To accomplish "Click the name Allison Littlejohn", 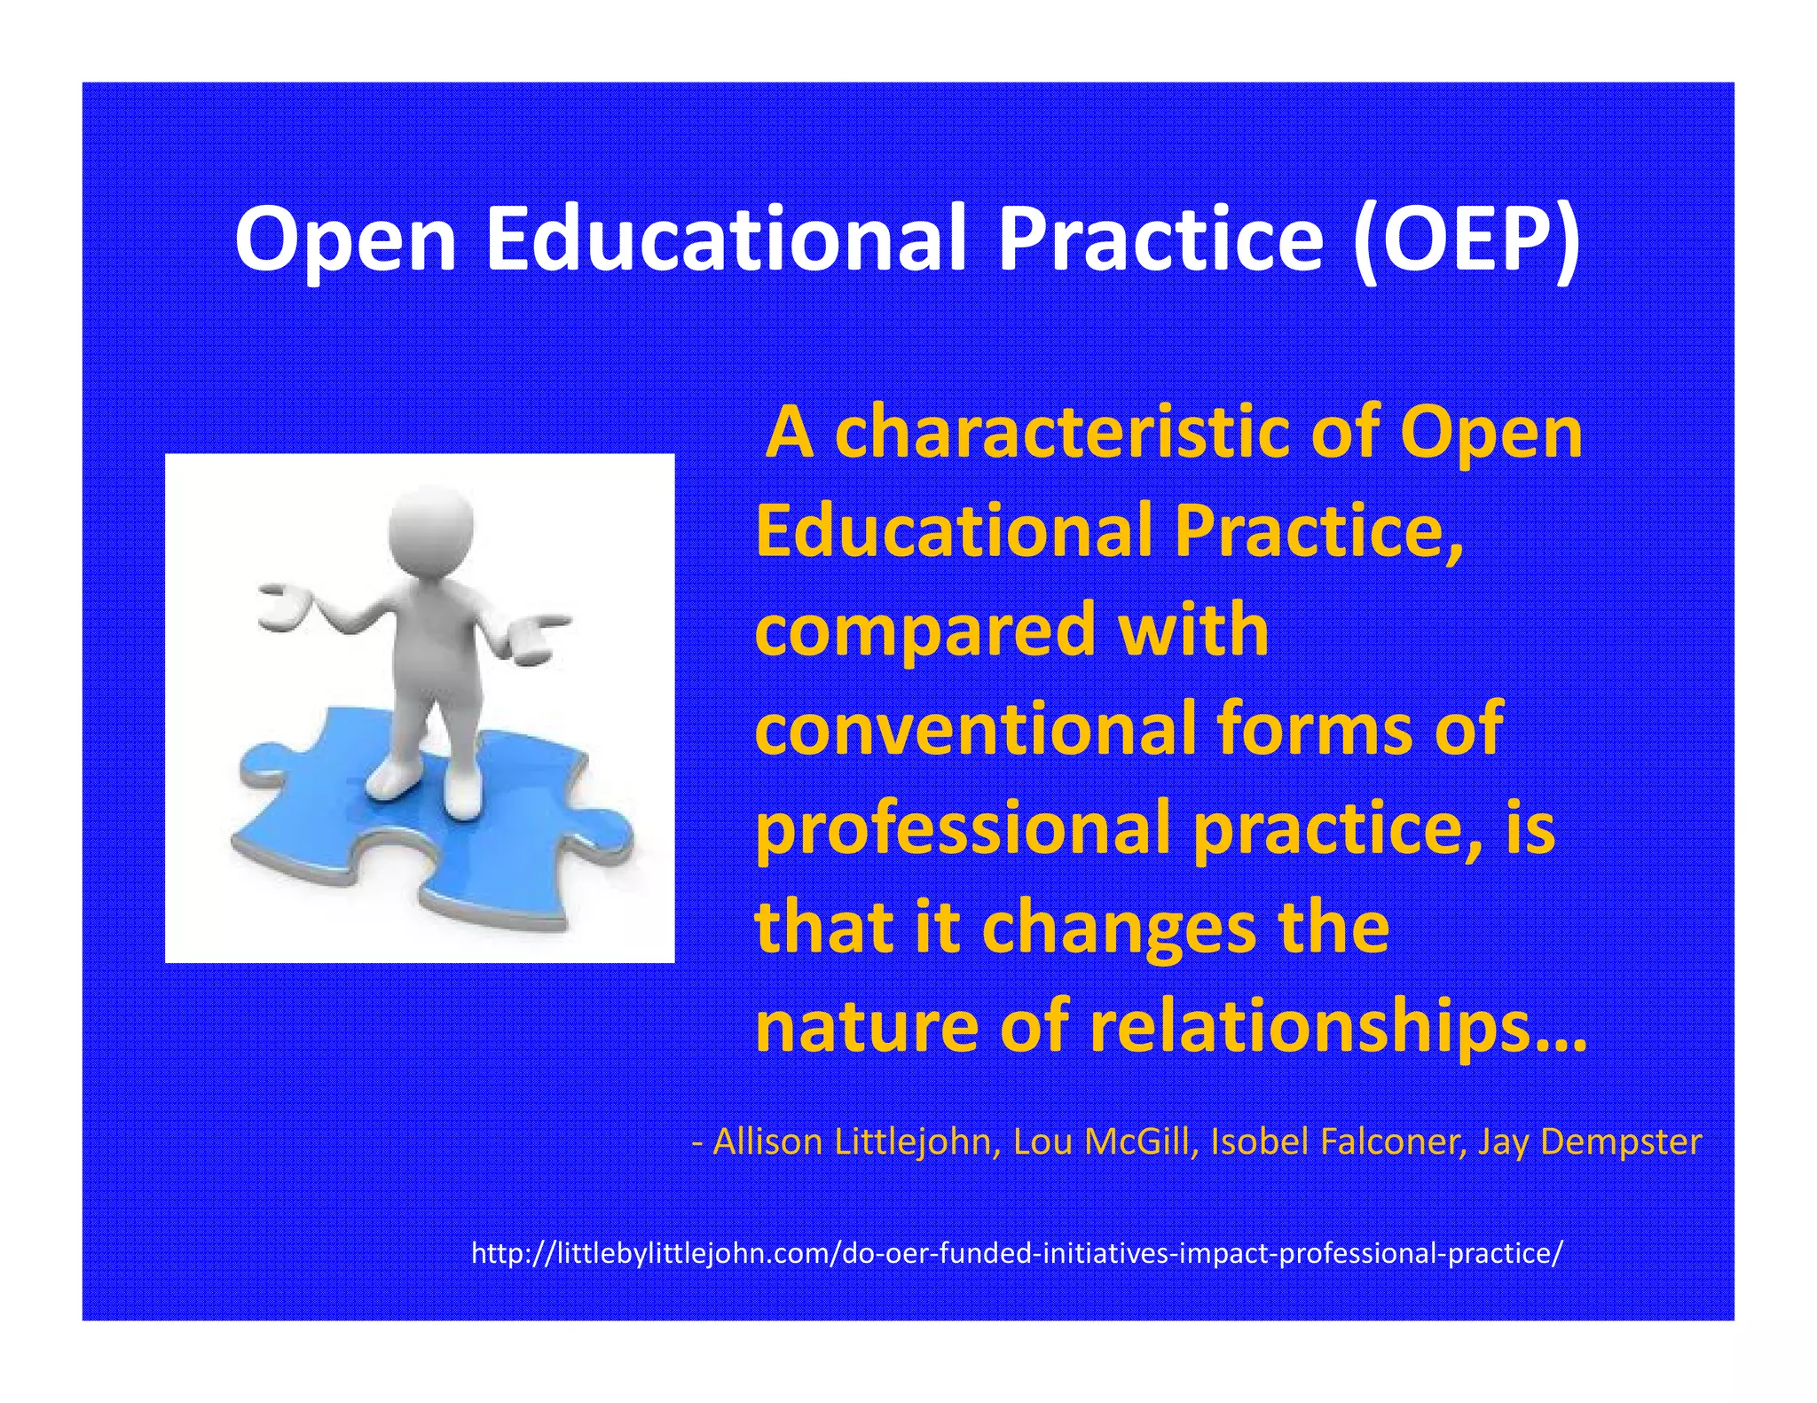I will point(852,1142).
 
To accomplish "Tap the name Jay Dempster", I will point(1588,1142).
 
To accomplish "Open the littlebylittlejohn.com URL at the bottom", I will point(1017,1255).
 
